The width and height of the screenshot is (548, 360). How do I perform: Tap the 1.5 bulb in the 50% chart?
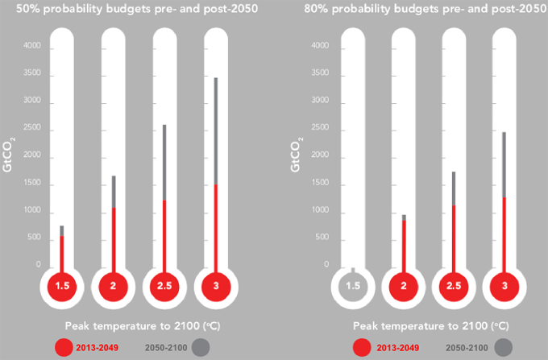61,286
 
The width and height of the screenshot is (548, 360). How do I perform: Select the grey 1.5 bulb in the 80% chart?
353,286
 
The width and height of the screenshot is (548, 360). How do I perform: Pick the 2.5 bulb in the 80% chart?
454,286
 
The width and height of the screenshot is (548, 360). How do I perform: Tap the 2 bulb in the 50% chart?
113,286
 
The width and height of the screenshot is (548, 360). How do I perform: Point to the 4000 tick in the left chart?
31,47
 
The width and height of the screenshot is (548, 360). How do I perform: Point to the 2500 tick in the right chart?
321,129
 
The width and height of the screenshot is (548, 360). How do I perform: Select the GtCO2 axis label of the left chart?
9,154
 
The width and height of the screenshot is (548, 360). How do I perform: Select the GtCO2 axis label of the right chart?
297,154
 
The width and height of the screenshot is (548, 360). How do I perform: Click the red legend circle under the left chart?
65,346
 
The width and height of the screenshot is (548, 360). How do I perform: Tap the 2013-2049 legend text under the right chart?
397,346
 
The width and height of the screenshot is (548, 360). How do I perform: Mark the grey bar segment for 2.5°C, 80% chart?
454,188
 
